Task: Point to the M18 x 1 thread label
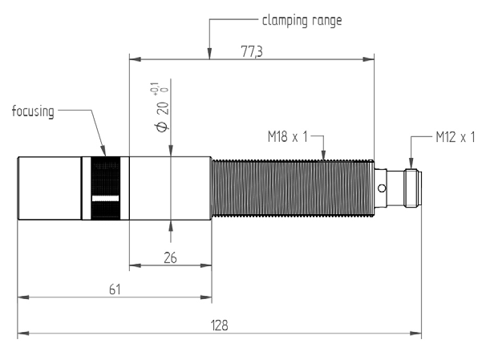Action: (x=289, y=137)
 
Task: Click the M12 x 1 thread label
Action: (x=456, y=137)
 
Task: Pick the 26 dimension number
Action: (x=170, y=257)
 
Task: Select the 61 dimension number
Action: (x=115, y=289)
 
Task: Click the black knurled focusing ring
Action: (x=105, y=188)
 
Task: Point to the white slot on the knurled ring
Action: (x=105, y=197)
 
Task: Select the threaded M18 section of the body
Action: (x=292, y=188)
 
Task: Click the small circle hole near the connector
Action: (x=382, y=188)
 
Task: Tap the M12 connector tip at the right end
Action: (x=413, y=188)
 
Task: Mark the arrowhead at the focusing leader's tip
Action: (x=103, y=152)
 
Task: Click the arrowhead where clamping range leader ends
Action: (x=209, y=56)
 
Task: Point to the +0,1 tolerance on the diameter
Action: (x=154, y=87)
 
